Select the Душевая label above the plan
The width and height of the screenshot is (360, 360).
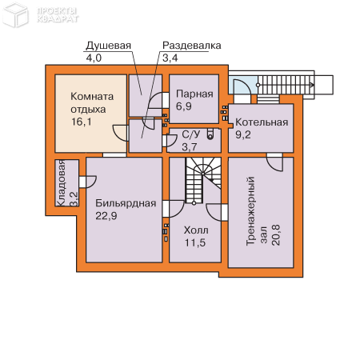(x=109, y=46)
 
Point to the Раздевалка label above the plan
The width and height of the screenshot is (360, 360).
(x=191, y=46)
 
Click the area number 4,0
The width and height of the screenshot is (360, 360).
(x=94, y=58)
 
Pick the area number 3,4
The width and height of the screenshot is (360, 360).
(x=170, y=58)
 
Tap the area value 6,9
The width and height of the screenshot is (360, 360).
(x=184, y=106)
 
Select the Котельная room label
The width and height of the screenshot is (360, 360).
(x=261, y=122)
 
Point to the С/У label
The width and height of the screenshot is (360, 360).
(x=190, y=135)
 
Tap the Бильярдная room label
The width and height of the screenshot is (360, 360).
(x=124, y=203)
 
